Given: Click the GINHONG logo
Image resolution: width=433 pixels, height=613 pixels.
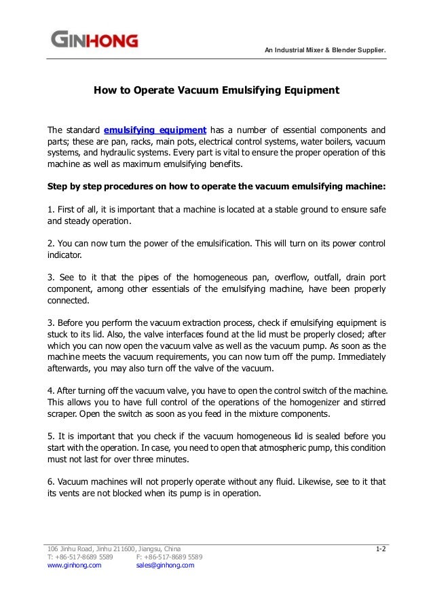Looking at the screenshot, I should click(x=94, y=40).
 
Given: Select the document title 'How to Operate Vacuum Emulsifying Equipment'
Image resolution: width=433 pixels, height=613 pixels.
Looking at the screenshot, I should click(x=216, y=89).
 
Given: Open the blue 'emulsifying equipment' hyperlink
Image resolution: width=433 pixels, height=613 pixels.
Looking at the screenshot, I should click(x=155, y=130).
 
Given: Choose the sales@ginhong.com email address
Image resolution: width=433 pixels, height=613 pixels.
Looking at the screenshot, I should click(x=165, y=564).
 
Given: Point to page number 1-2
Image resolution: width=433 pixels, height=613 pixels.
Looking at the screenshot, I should click(x=381, y=548).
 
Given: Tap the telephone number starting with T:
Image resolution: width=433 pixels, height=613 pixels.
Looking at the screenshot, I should click(x=80, y=556).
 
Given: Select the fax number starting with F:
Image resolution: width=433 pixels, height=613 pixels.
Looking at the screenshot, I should click(x=169, y=556).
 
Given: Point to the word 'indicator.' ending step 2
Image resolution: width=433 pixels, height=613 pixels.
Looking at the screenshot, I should click(x=64, y=256).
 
